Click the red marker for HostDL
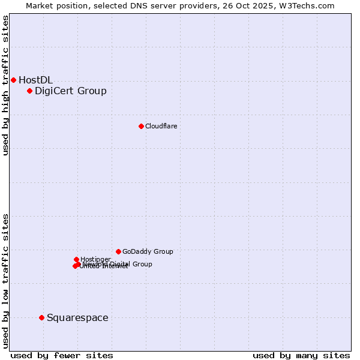pos(13,80)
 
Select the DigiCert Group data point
pos(29,91)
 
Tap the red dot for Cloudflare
pos(141,126)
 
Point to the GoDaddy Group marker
pos(118,251)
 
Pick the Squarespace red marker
pos(41,317)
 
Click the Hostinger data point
pos(76,259)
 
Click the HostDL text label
pos(35,80)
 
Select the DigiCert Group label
pos(70,91)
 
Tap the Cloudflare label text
pos(161,126)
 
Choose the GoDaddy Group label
pos(147,251)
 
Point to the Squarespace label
pos(77,317)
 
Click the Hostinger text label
pos(95,259)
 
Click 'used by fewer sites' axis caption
pos(62,355)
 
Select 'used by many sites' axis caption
pos(301,355)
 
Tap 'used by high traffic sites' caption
pos(6,85)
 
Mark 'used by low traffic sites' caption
pos(6,280)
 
